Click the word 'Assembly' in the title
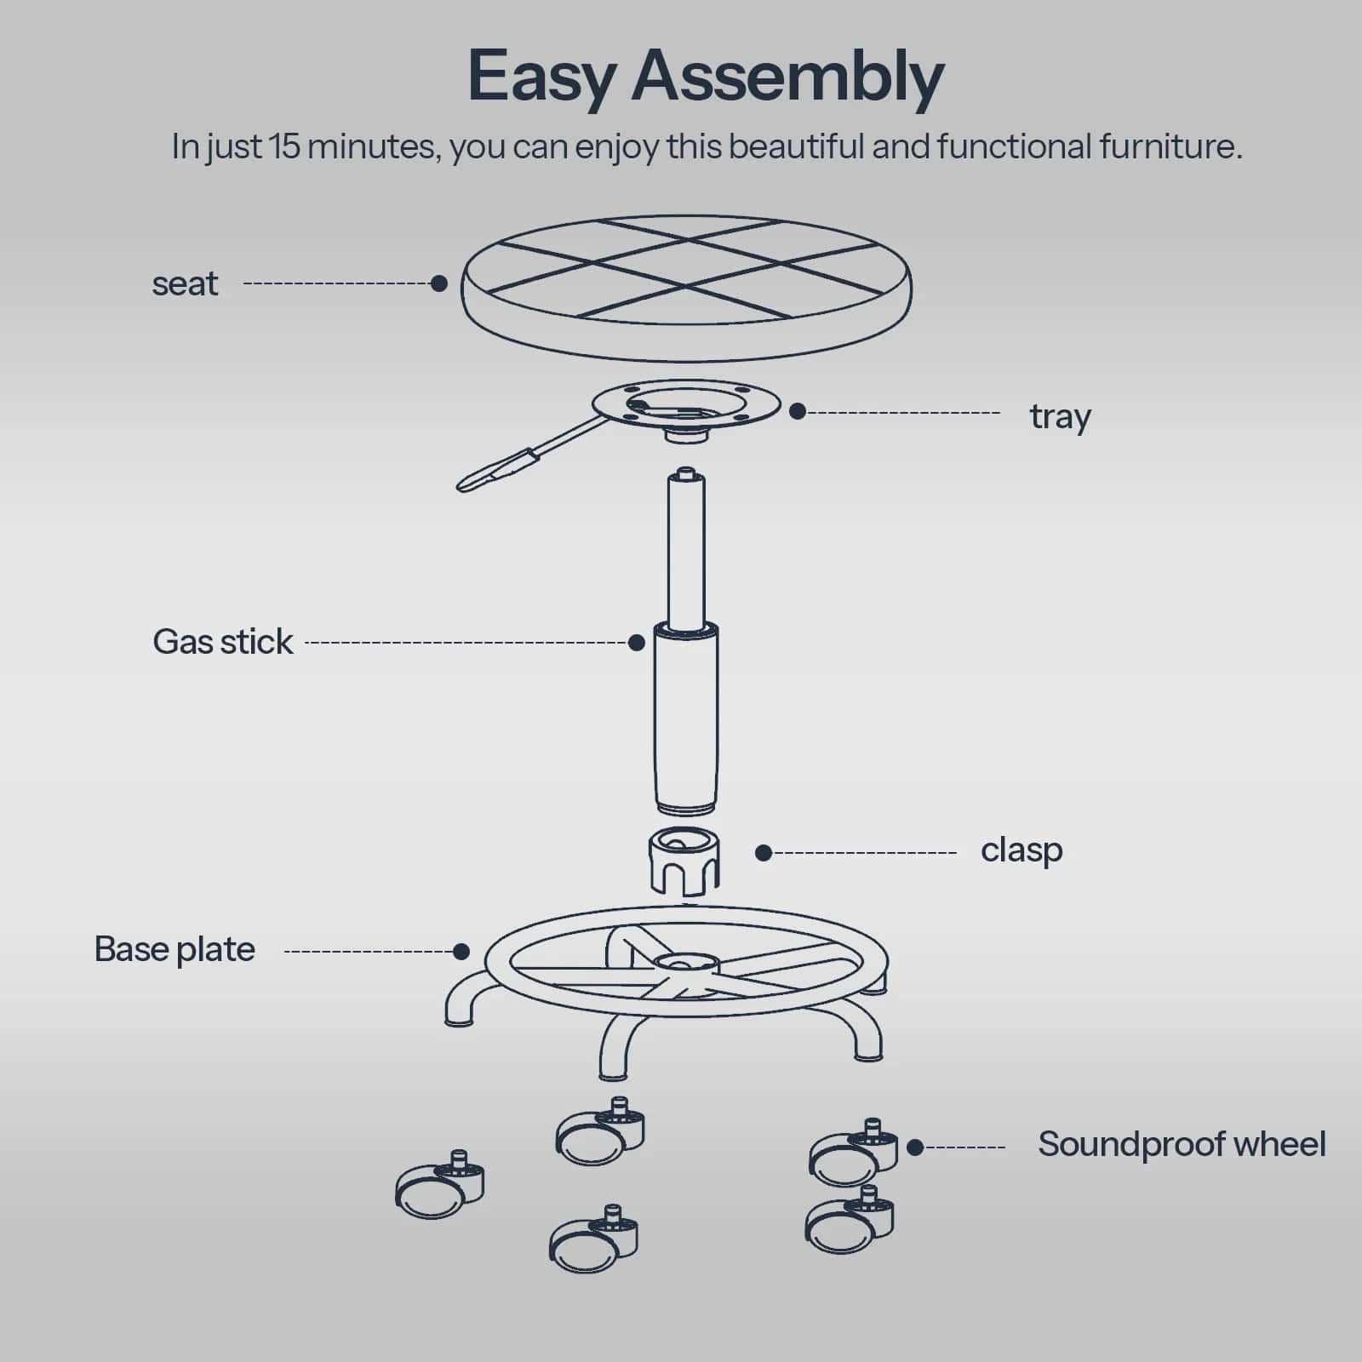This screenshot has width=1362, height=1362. pos(787,77)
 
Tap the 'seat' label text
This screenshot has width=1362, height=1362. pos(185,283)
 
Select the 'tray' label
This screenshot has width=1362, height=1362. pos(1060,416)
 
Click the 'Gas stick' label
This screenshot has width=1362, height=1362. pos(223,642)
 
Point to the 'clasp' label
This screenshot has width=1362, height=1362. pos(1021,850)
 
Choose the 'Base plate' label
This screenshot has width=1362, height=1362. pos(175,949)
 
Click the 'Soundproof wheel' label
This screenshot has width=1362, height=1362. pos(1182,1144)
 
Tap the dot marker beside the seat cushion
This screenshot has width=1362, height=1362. pos(439,283)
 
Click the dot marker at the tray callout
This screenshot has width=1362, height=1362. pos(798,412)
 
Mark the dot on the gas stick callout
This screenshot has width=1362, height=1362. pos(637,643)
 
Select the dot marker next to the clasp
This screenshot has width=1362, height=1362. pos(764,853)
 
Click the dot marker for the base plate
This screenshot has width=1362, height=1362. pos(461,951)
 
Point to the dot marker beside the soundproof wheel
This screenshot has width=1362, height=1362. pos(915,1147)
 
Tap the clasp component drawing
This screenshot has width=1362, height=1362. pos(684,860)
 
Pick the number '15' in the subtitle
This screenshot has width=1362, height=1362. pos(283,146)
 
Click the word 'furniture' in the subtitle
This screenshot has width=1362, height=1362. pos(1168,146)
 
